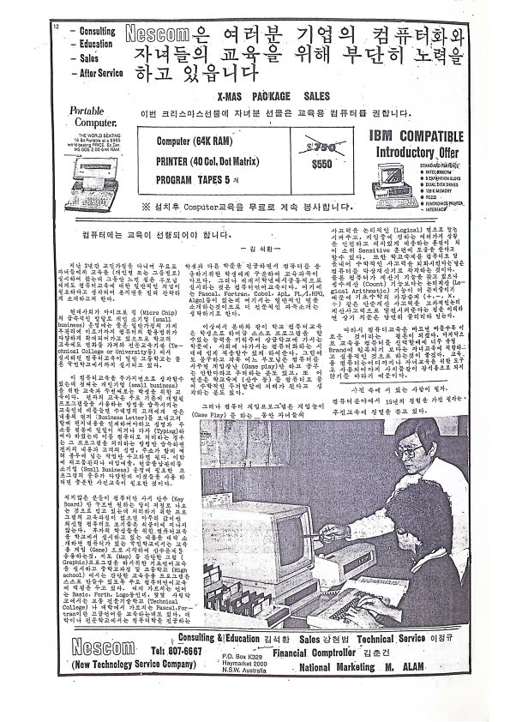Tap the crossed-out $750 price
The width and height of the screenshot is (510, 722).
point(322,143)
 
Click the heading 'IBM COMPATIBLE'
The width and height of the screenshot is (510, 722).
point(417,135)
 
